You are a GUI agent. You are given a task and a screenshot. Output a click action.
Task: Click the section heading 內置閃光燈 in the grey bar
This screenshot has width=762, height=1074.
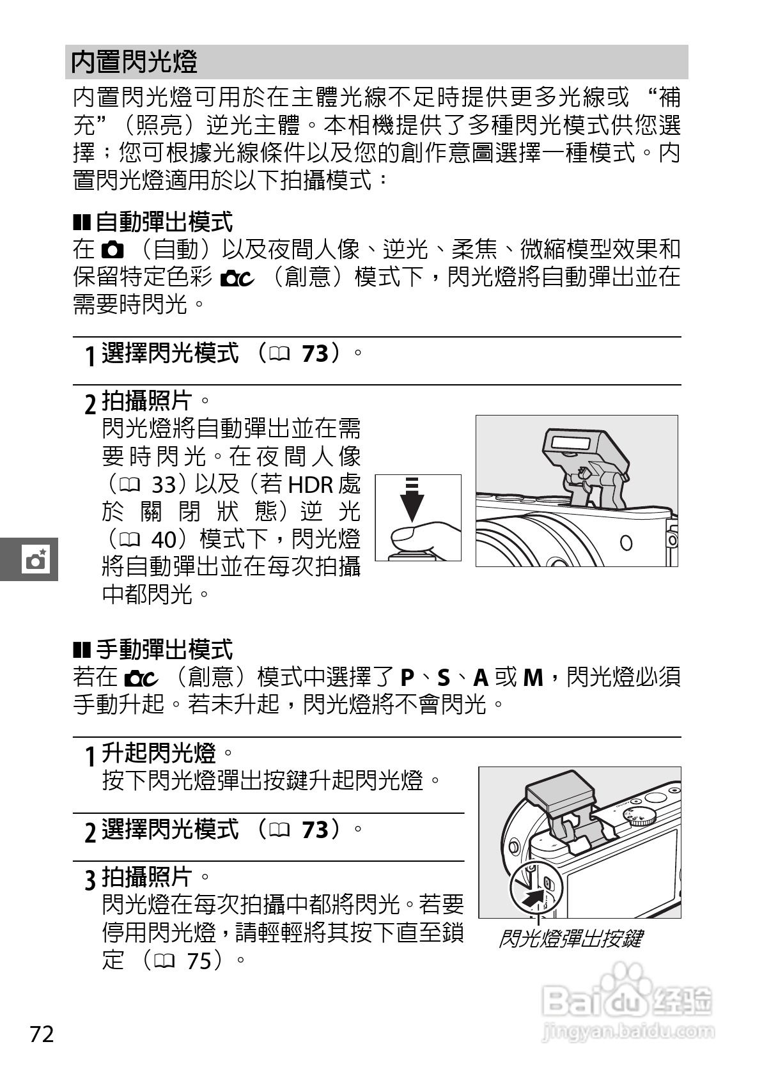click(x=134, y=62)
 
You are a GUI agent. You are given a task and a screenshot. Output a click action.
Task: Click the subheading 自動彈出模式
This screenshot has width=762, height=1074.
click(x=164, y=222)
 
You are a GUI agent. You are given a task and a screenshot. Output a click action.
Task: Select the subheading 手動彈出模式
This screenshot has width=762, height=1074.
click(x=164, y=650)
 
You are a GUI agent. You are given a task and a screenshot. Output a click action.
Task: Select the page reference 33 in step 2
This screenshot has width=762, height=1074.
click(x=164, y=485)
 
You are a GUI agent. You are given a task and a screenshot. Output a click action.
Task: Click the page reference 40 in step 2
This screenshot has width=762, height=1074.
click(x=164, y=540)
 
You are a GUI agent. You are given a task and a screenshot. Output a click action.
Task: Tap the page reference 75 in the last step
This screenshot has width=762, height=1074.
click(x=199, y=960)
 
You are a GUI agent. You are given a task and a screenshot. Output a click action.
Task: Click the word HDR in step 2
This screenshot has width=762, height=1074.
click(x=311, y=485)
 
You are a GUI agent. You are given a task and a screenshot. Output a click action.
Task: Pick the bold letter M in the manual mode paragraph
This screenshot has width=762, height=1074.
click(x=533, y=678)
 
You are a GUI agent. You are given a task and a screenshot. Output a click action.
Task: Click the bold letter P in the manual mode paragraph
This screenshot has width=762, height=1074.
click(x=407, y=678)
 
